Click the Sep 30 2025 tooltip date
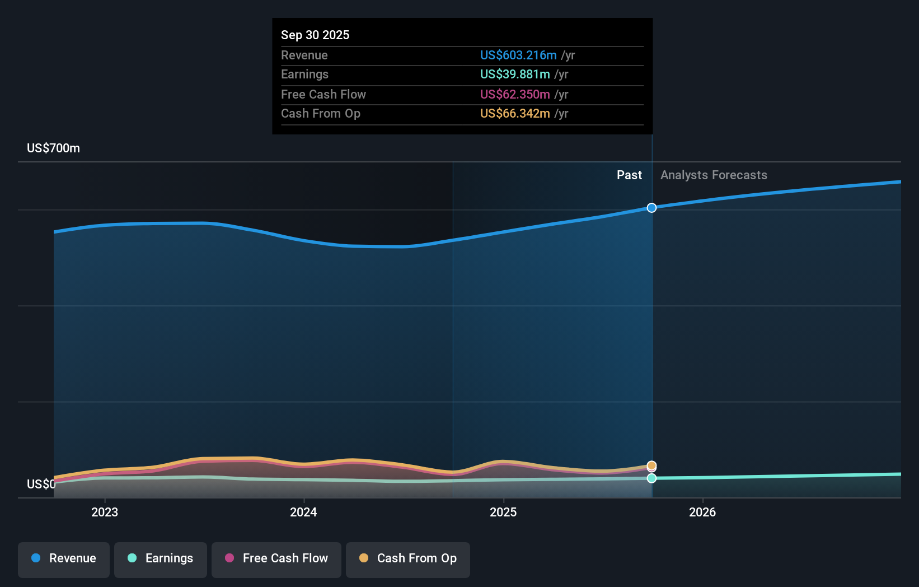click(315, 35)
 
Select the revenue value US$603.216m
click(518, 55)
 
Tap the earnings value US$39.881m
click(514, 74)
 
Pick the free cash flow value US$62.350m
click(514, 94)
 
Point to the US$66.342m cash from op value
click(514, 113)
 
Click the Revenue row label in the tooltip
click(304, 55)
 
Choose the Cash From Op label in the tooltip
click(320, 113)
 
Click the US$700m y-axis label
click(53, 148)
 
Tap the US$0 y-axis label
click(41, 484)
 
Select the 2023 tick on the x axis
click(105, 512)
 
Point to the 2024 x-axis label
click(303, 512)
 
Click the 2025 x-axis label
click(503, 512)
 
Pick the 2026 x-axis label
click(702, 512)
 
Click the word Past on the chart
click(629, 175)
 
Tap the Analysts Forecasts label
click(714, 175)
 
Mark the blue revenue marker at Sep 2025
click(651, 208)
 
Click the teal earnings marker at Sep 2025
click(651, 478)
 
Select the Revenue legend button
click(64, 558)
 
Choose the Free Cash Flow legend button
click(276, 558)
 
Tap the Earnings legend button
click(161, 558)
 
